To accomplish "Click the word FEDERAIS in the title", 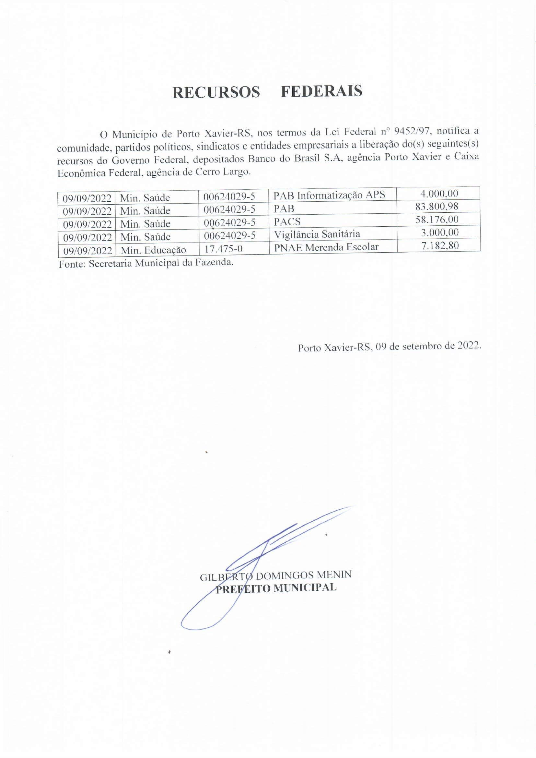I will click(x=321, y=91).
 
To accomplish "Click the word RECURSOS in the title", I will click(x=216, y=92).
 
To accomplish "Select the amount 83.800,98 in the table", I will click(x=437, y=207).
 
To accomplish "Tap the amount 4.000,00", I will click(x=439, y=194).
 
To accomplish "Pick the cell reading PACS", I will click(x=287, y=221).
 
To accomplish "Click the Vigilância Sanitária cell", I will click(x=317, y=234).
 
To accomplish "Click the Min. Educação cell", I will click(x=154, y=250).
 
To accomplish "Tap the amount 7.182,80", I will click(x=440, y=245).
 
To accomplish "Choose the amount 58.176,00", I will click(x=437, y=219).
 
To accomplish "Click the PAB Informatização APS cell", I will click(x=329, y=195).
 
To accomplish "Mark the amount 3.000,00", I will click(x=440, y=232).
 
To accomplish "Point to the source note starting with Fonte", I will click(x=146, y=264).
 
